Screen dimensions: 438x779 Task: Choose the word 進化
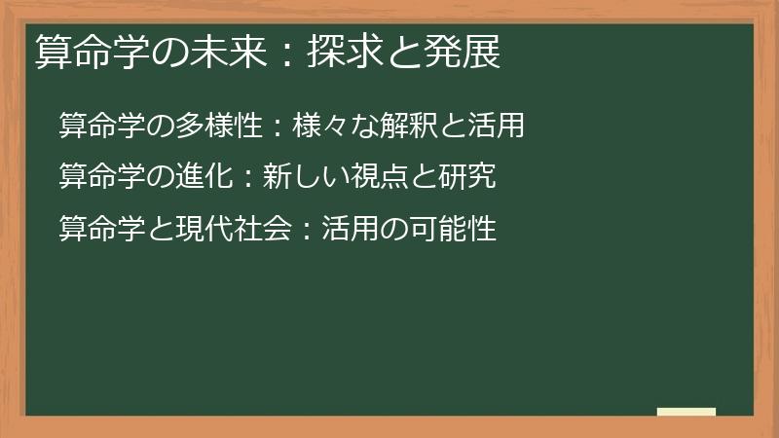[x=199, y=177]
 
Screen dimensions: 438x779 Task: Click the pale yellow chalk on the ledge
[x=686, y=412]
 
